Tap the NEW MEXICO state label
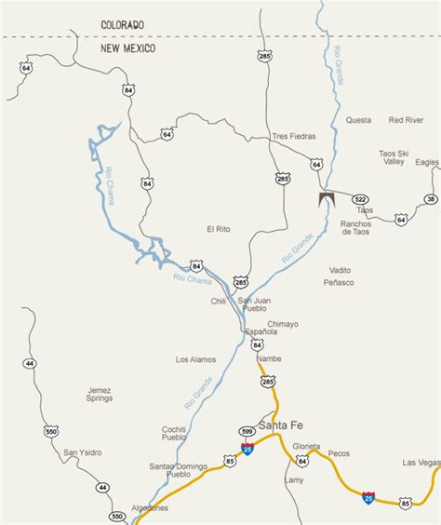click(x=128, y=47)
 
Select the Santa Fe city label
click(x=281, y=425)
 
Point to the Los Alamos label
click(x=195, y=358)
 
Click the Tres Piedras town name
click(x=294, y=136)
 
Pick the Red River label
click(x=407, y=120)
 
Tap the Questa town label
click(x=358, y=120)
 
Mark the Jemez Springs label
click(x=99, y=394)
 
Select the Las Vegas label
click(x=421, y=463)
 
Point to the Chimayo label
click(x=281, y=324)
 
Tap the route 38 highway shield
click(x=430, y=199)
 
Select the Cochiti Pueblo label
click(x=174, y=432)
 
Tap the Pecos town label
click(x=339, y=453)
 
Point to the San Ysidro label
click(x=82, y=453)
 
